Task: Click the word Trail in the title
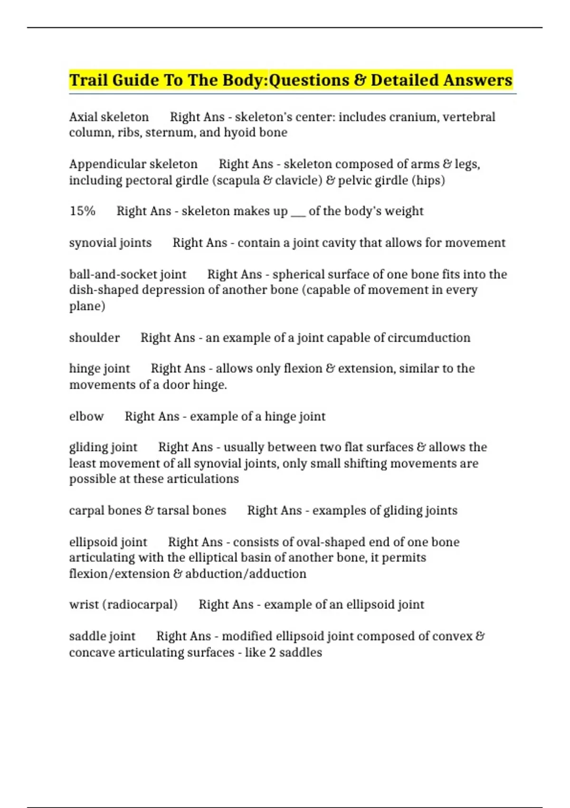[88, 80]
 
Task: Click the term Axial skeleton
[109, 117]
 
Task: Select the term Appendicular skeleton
[133, 164]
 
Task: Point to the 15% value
[82, 211]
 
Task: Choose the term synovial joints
[110, 243]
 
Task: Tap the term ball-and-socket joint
[128, 274]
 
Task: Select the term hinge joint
[99, 368]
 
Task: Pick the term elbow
[86, 416]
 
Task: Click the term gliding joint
[103, 447]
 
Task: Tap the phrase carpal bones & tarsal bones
[147, 510]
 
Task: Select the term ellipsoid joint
[108, 542]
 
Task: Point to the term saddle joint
[102, 636]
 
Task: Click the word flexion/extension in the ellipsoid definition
[119, 574]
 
